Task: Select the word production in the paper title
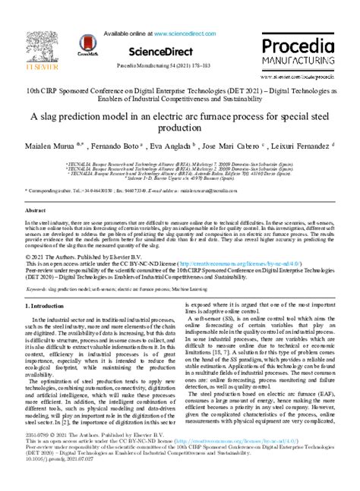click(180, 130)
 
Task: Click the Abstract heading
click(36, 209)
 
